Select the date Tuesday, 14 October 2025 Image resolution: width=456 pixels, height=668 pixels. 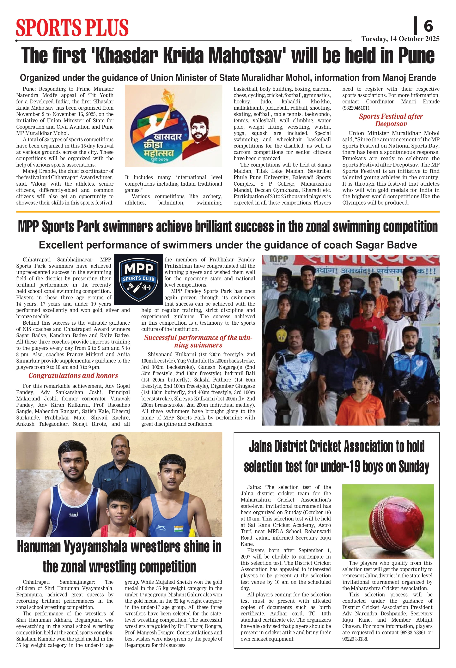(400, 39)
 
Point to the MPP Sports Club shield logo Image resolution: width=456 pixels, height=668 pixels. (139, 279)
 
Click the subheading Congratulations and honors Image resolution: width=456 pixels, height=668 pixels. (73, 375)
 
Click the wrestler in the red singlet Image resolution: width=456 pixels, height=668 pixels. (118, 514)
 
